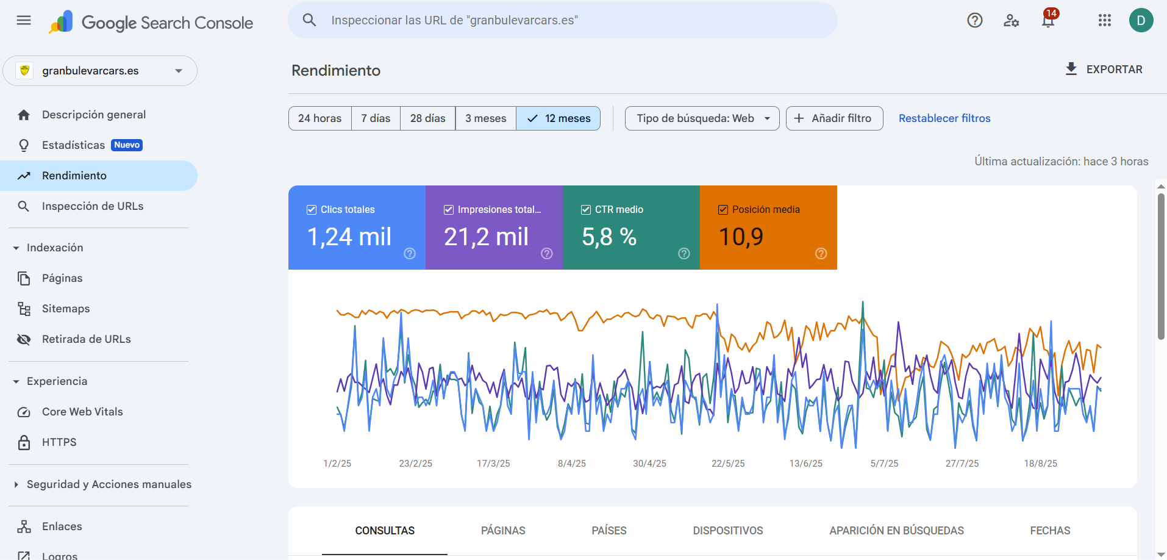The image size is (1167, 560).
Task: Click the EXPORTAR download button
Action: click(x=1104, y=70)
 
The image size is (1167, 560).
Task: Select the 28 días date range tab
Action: click(x=427, y=118)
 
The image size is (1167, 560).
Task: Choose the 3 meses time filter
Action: click(x=485, y=118)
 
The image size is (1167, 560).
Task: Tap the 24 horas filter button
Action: click(x=319, y=118)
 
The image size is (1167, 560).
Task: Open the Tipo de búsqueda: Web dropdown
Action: click(x=702, y=118)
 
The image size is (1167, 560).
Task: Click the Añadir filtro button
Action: click(x=834, y=118)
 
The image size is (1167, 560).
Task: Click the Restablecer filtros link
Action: click(x=944, y=118)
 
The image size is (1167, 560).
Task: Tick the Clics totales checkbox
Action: click(x=312, y=210)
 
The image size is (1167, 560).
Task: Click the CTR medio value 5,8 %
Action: click(x=609, y=237)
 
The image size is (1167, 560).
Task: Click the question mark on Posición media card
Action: click(x=821, y=254)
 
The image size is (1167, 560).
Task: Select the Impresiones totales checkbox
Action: click(x=449, y=210)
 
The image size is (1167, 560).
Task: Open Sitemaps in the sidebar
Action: click(x=66, y=309)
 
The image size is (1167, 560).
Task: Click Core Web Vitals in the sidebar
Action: click(x=82, y=412)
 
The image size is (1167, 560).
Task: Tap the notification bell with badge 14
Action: click(x=1048, y=21)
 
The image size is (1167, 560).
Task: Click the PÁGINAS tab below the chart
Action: click(x=502, y=531)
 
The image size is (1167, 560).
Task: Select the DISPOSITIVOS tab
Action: click(x=727, y=531)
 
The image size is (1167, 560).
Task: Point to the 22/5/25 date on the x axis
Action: click(x=727, y=464)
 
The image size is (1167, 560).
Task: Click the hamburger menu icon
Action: click(x=24, y=20)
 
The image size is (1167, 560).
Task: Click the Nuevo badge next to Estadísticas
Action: click(x=127, y=145)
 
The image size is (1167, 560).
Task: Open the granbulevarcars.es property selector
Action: click(x=100, y=71)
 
